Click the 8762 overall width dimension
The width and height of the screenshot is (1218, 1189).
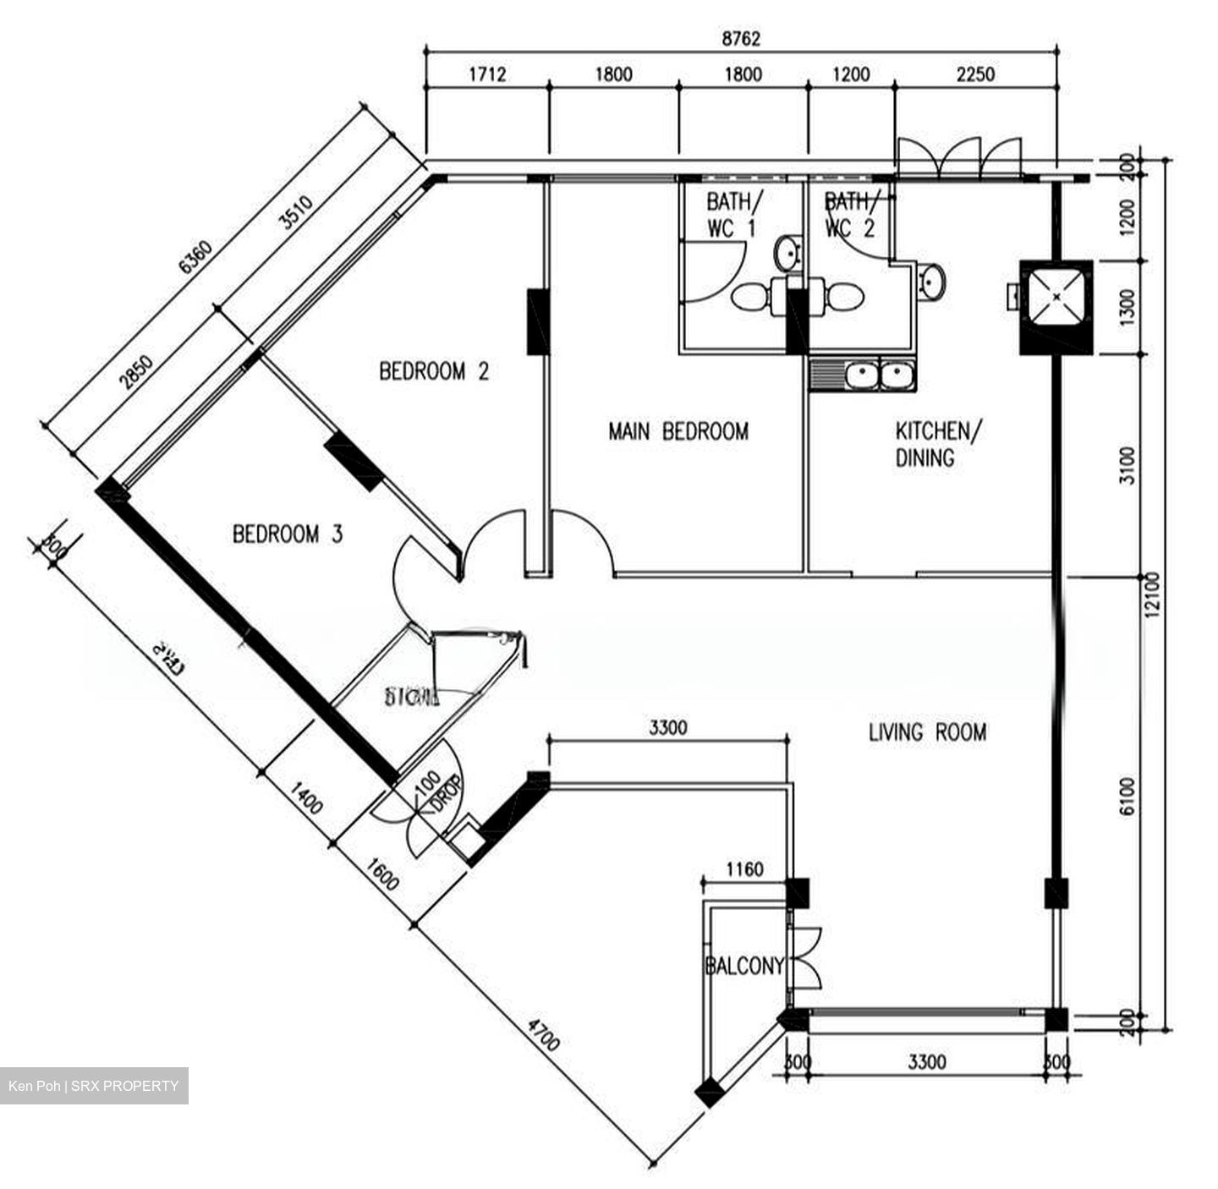(741, 39)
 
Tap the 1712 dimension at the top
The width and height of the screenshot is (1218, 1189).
(487, 74)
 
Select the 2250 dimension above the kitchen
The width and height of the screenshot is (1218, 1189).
(974, 74)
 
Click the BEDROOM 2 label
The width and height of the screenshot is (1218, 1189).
(434, 371)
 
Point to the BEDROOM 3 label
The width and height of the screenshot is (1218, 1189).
(288, 534)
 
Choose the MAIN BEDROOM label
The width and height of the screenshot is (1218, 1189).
(678, 432)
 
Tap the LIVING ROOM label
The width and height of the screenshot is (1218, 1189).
(927, 731)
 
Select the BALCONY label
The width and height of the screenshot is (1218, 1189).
(744, 967)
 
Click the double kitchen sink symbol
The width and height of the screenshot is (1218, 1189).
(863, 375)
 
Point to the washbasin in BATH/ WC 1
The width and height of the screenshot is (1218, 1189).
(787, 251)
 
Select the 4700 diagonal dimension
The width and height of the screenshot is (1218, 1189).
(543, 1036)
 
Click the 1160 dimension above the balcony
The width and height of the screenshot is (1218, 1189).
(744, 869)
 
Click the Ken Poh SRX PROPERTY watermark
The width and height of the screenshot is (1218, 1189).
(94, 1086)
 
